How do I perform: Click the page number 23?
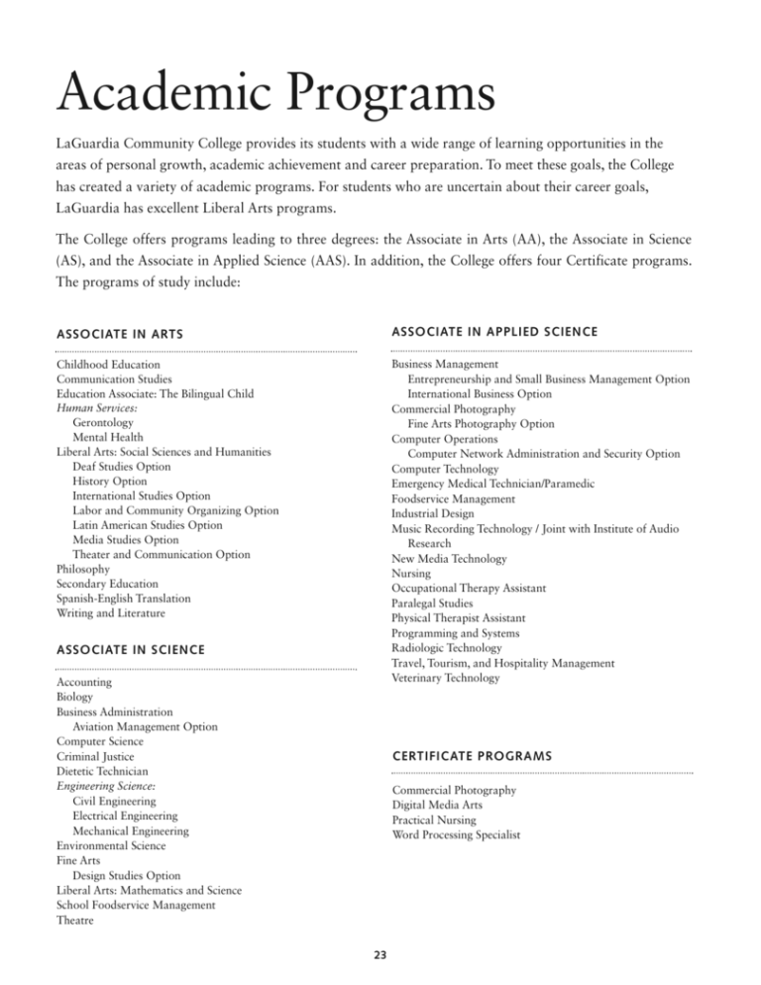pos(380,956)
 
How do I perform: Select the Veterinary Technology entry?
pos(445,678)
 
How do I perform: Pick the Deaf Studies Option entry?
pos(121,467)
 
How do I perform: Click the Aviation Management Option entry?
pos(145,726)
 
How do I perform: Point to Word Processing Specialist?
pos(456,835)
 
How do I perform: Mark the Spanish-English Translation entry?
pos(124,600)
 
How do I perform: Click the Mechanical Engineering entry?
pos(130,831)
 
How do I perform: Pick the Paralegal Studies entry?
pos(431,602)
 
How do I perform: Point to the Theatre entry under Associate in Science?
pos(76,921)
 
